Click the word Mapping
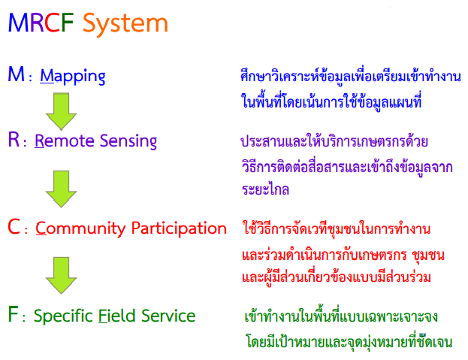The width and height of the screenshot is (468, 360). pos(72,75)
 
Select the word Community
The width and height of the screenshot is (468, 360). pos(78,228)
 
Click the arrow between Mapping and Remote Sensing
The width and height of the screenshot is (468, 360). pos(61,110)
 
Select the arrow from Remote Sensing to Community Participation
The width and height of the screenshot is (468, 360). pos(61,187)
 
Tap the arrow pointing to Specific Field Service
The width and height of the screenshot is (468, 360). pos(61,275)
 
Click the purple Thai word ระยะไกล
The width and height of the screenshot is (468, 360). pos(265,190)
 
